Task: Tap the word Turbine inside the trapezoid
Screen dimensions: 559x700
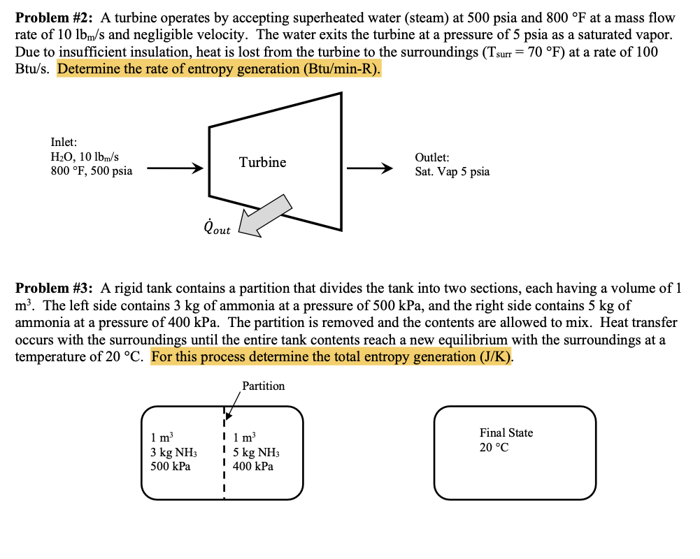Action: point(262,162)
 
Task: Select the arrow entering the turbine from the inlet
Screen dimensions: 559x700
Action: point(175,168)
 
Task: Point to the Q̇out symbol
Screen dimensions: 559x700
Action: point(216,227)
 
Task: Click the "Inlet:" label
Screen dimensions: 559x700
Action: point(64,143)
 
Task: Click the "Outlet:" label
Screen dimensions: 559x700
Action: point(432,158)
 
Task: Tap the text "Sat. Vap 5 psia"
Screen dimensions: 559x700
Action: point(452,172)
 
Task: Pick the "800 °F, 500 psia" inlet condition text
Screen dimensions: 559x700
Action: point(91,170)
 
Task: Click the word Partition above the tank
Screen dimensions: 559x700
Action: point(263,386)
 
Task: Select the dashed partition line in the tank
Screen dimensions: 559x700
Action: point(224,454)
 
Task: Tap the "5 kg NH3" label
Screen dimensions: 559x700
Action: point(256,452)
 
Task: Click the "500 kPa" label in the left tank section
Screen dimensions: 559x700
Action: point(171,466)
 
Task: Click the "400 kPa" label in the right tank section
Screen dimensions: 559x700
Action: point(252,466)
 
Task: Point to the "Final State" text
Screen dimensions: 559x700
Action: point(506,433)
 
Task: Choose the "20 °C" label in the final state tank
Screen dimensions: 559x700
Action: point(494,447)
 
